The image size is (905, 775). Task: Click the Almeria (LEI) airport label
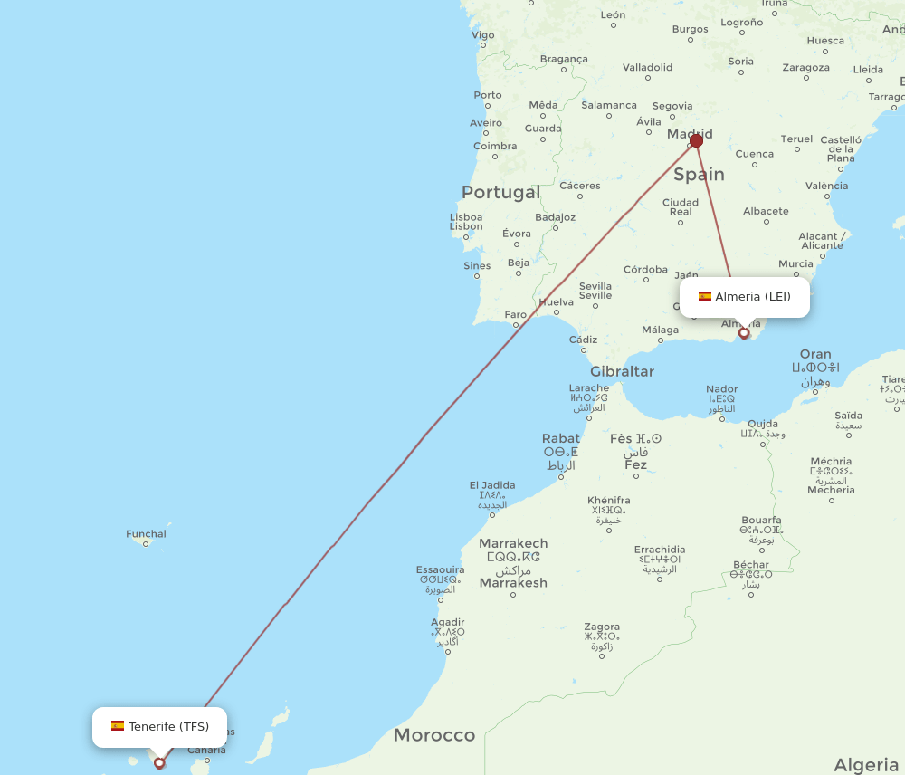point(745,297)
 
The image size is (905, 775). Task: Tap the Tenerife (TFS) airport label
point(159,727)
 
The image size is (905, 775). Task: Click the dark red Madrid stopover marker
point(696,140)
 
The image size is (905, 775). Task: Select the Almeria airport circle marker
point(744,333)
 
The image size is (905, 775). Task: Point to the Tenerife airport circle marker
point(159,763)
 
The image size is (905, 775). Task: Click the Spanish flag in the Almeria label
point(704,296)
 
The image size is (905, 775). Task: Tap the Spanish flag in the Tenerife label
point(118,726)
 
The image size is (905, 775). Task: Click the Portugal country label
point(500,192)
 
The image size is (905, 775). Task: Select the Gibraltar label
point(622,371)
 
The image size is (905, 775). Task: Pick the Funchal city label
point(147,534)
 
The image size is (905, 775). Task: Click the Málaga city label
point(660,330)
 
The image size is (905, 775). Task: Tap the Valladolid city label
point(647,67)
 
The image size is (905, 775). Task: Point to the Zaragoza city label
point(805,67)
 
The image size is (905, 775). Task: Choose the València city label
point(826,186)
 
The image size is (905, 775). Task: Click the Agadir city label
point(448,622)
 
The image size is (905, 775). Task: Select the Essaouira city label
point(441,569)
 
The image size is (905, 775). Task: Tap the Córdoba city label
point(645,269)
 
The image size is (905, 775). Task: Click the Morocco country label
point(433,735)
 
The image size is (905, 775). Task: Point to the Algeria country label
point(866,765)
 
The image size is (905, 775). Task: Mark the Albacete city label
point(766,211)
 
